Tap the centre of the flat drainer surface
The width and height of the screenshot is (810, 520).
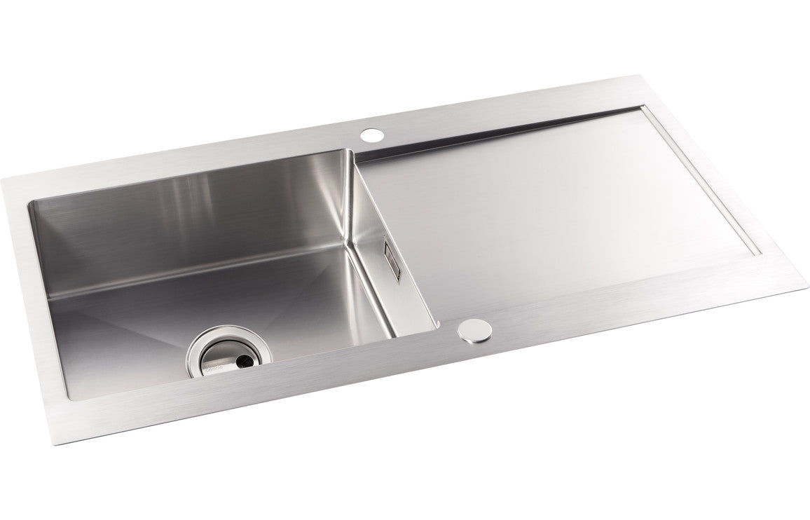tap(561, 203)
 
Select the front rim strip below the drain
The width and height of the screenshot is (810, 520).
tap(210, 413)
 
